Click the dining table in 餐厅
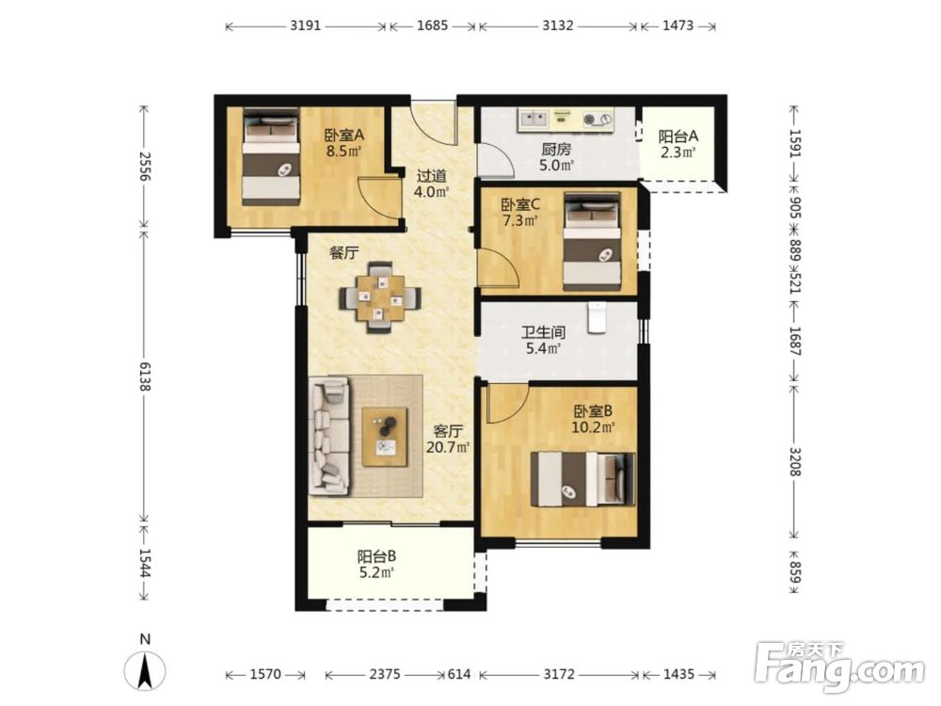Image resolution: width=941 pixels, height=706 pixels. click(380, 297)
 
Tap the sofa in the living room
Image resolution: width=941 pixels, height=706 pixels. click(329, 436)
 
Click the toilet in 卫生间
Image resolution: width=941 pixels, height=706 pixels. click(598, 317)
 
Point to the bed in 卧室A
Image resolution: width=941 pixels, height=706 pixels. click(271, 157)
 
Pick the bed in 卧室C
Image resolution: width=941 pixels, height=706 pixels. click(592, 242)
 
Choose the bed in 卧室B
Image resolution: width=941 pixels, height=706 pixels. click(582, 479)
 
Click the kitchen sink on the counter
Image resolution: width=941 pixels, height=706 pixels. click(534, 119)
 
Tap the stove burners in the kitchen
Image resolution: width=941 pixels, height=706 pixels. click(598, 120)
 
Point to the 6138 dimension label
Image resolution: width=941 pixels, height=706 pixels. click(144, 377)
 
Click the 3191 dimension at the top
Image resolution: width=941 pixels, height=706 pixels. click(306, 25)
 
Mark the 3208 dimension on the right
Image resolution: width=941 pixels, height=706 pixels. click(794, 461)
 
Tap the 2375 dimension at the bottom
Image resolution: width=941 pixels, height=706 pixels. click(385, 674)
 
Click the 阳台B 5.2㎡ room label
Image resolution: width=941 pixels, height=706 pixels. click(376, 564)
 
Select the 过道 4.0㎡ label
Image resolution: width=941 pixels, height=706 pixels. click(432, 184)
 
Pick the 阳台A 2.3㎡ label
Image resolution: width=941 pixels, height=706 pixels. click(678, 144)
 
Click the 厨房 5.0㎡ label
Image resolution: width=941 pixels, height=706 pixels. click(556, 157)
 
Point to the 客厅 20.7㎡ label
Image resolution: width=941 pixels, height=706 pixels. click(448, 439)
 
